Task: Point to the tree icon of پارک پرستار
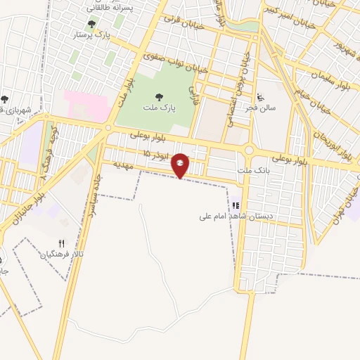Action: [x=91, y=25]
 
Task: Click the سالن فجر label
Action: [x=261, y=108]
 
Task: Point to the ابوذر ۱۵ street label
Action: [x=157, y=155]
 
